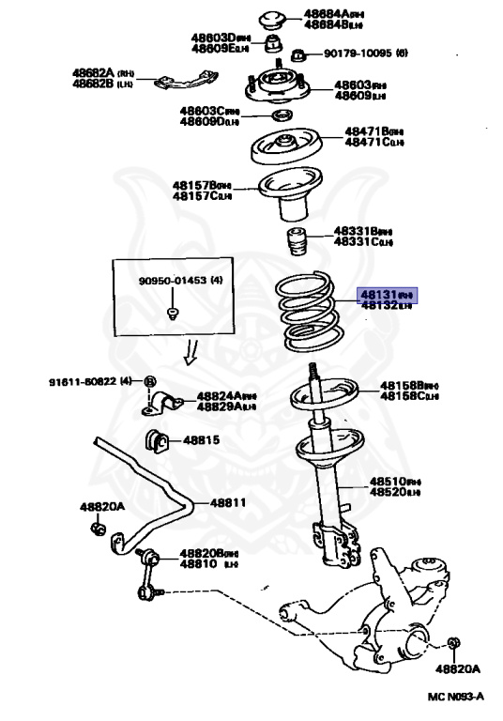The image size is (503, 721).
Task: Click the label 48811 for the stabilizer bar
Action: [227, 502]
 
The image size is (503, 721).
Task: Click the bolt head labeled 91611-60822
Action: [149, 381]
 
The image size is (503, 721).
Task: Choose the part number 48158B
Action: [401, 386]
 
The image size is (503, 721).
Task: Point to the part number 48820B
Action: [207, 553]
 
